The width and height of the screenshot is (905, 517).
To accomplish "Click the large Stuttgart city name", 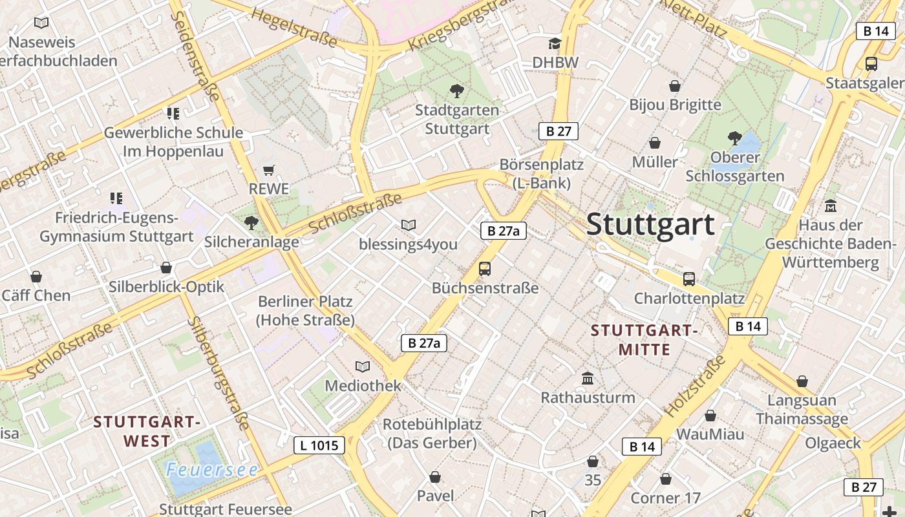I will point(650,225).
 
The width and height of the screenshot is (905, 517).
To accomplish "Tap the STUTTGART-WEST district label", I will point(144,432).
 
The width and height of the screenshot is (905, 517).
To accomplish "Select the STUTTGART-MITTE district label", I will point(644,340).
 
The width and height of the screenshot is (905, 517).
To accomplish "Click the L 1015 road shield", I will point(319,445).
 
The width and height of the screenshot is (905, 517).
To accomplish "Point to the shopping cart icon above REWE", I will point(269,171).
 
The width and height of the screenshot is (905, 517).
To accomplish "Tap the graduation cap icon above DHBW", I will point(555,44).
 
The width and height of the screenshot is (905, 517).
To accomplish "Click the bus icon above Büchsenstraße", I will point(485,269).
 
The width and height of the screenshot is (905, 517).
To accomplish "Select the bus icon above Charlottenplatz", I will point(689,279).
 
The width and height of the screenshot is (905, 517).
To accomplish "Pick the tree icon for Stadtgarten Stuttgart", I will point(456,91).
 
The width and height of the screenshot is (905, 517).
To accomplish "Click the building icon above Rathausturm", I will point(588,378).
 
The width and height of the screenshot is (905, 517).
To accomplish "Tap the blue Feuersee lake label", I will point(212,470).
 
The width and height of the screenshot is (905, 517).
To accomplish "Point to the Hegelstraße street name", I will point(294,28).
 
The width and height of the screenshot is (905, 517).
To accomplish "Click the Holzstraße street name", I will point(696,385).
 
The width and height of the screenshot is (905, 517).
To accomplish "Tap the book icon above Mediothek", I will point(363,367).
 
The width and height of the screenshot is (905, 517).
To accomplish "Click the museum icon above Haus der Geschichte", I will point(831,206).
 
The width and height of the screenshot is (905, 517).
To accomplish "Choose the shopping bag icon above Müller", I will point(655,143).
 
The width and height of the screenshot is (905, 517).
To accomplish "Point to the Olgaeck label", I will point(833,443).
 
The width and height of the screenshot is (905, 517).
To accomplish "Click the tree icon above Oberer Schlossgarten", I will point(734,138).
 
